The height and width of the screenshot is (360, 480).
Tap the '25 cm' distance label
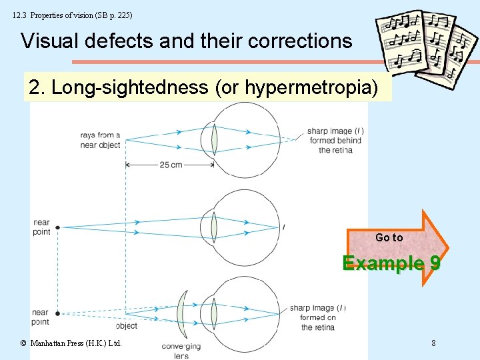pos(170,165)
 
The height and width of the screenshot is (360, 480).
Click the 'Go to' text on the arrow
pos(389,237)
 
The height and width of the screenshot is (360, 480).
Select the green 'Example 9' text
pos(391,263)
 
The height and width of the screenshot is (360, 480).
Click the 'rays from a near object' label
pos(100,140)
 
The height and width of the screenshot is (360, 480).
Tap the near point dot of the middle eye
pos(58,227)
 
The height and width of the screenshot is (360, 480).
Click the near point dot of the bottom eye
pos(58,313)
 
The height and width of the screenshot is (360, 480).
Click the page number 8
pos(433,343)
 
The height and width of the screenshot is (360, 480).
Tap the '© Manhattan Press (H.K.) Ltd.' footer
pos(71,343)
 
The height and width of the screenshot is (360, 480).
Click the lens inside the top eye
pos(214,140)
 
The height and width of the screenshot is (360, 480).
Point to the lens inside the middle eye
pos(214,227)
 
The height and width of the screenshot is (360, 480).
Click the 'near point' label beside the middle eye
pos(41,227)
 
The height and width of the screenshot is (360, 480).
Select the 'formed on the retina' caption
pos(317,322)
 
